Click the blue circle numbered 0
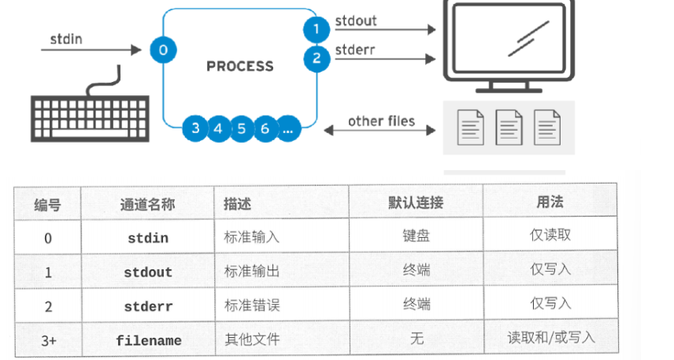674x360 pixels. [162, 50]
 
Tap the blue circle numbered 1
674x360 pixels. [316, 29]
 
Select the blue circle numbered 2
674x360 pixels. [316, 58]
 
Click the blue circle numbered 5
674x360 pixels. [241, 128]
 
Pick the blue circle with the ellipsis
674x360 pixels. [288, 128]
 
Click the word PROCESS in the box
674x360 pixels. [239, 66]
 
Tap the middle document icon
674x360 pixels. [509, 126]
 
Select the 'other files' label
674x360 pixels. [381, 121]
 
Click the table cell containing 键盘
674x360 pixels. [417, 236]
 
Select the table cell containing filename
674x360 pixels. [148, 340]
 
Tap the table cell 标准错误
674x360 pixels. [251, 306]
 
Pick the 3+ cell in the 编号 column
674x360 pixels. [47, 340]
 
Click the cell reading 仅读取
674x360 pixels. [550, 235]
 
